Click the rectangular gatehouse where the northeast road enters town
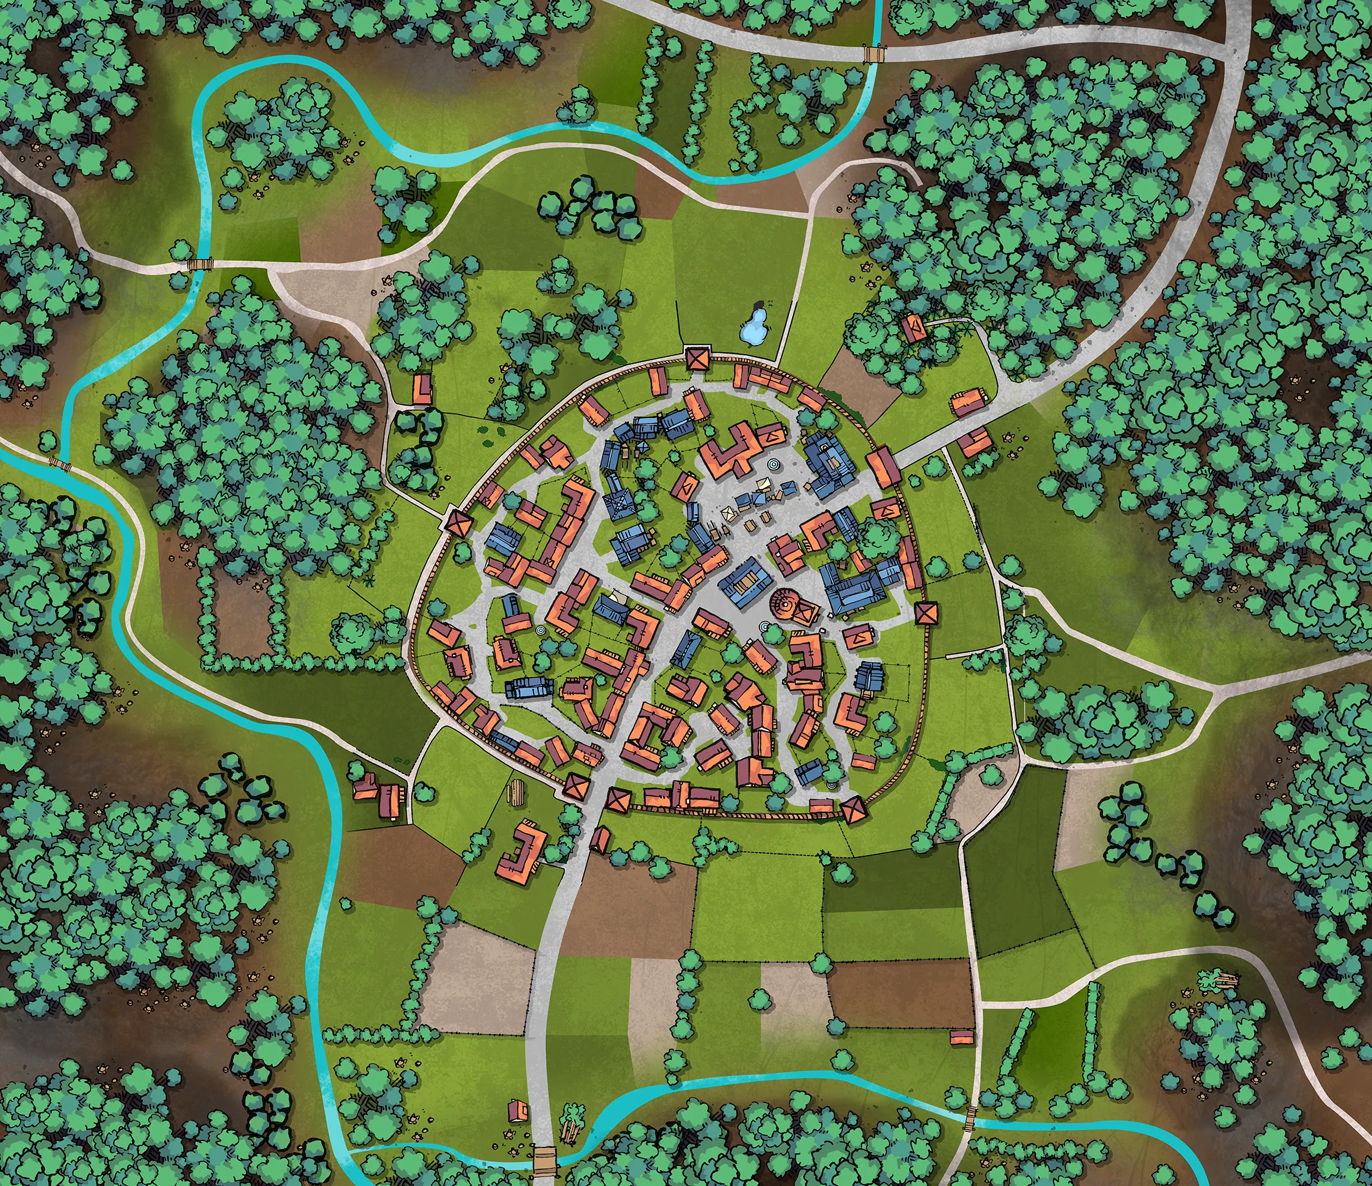pyautogui.click(x=883, y=467)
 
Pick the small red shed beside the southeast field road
pyautogui.click(x=962, y=1037)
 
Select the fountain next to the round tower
pyautogui.click(x=765, y=626)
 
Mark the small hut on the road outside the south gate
pyautogui.click(x=599, y=840)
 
